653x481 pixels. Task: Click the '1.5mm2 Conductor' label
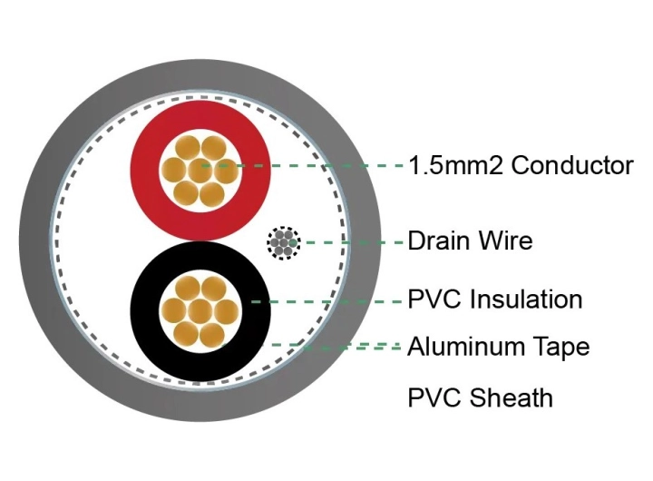click(521, 165)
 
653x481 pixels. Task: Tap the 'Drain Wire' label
click(470, 240)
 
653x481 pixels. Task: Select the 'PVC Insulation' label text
click(495, 299)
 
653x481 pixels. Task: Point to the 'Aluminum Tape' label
click(499, 348)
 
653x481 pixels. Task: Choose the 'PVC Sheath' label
click(480, 398)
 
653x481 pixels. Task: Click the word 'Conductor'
click(572, 165)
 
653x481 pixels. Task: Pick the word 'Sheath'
click(511, 398)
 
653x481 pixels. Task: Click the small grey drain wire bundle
click(284, 243)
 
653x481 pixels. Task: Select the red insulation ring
click(143, 171)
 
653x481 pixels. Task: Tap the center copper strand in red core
click(200, 171)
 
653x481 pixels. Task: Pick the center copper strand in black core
click(200, 311)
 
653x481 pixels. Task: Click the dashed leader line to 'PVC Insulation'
click(327, 301)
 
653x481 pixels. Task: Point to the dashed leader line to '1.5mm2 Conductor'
click(302, 166)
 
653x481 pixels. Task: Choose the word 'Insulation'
click(526, 299)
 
